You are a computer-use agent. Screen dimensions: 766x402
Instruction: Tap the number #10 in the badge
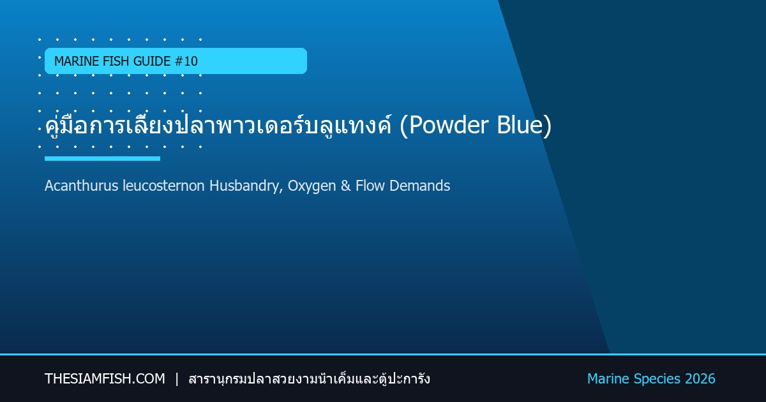pyautogui.click(x=186, y=61)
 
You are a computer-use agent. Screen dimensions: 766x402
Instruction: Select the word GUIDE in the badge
pyautogui.click(x=152, y=61)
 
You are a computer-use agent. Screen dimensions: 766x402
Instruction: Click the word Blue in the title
pyautogui.click(x=520, y=125)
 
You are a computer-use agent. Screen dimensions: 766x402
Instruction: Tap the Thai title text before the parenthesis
pyautogui.click(x=218, y=125)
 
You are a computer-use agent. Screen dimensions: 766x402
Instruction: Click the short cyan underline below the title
pyautogui.click(x=102, y=158)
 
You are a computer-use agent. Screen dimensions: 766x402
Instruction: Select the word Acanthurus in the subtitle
pyautogui.click(x=82, y=186)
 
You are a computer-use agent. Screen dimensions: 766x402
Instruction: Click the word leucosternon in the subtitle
pyautogui.click(x=163, y=186)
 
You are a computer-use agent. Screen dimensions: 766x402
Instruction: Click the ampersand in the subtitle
pyautogui.click(x=346, y=186)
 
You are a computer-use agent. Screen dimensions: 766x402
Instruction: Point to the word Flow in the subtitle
pyautogui.click(x=370, y=186)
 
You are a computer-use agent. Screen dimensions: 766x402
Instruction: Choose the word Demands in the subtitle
pyautogui.click(x=419, y=186)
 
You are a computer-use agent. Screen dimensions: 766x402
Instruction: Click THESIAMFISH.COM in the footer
pyautogui.click(x=105, y=379)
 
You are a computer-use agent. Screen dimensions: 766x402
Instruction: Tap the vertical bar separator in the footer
pyautogui.click(x=177, y=379)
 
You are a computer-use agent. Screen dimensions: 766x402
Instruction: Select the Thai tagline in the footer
pyautogui.click(x=309, y=379)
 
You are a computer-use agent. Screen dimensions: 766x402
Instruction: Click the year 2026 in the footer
pyautogui.click(x=700, y=379)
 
